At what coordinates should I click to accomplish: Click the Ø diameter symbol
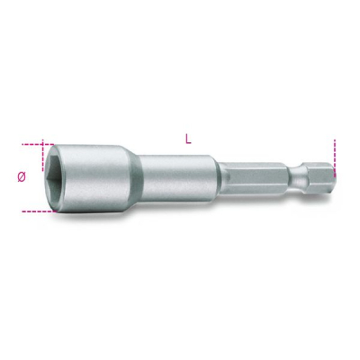pos(22,177)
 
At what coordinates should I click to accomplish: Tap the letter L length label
pos(187,139)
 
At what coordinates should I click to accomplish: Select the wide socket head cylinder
pos(99,179)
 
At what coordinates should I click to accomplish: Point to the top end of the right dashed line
pos(334,140)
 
